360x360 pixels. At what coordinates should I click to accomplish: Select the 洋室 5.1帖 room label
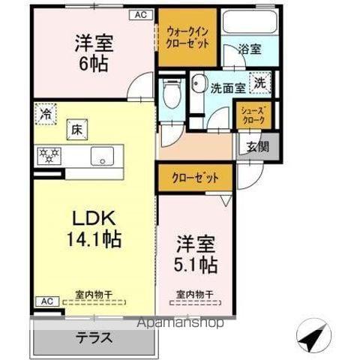click(x=197, y=255)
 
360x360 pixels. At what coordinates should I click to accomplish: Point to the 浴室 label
click(x=250, y=50)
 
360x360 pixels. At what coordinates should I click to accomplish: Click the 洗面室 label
click(x=227, y=86)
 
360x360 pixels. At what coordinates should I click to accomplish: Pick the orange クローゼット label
click(x=194, y=178)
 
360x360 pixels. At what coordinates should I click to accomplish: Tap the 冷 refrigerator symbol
click(x=47, y=116)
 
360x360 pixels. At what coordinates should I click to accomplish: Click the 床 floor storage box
click(x=76, y=130)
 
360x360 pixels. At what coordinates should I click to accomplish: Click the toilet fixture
click(x=171, y=94)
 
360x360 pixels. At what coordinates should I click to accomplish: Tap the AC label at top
click(x=141, y=14)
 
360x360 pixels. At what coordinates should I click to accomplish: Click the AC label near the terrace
click(x=46, y=301)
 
